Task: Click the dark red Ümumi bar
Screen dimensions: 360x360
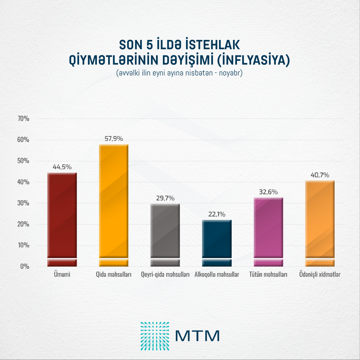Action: (62, 216)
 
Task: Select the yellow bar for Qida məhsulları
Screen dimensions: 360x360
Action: (114, 204)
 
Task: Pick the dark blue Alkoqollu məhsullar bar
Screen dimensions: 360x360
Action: (217, 240)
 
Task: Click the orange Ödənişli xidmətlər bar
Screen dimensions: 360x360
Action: (320, 222)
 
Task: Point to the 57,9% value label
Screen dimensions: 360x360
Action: (114, 139)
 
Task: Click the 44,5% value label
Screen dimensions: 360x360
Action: (62, 167)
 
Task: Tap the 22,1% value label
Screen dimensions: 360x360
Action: (217, 214)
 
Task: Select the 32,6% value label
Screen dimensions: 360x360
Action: (268, 192)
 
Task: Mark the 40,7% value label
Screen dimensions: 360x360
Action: (320, 175)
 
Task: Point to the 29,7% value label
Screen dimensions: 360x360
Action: (165, 198)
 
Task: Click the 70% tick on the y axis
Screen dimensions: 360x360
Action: (23, 119)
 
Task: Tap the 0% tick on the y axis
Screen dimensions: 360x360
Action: (25, 266)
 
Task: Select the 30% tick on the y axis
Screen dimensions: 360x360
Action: (23, 203)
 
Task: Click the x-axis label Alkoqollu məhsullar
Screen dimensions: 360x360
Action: (217, 274)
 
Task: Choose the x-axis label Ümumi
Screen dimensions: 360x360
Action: (62, 274)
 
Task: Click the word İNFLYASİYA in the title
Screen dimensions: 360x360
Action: (253, 60)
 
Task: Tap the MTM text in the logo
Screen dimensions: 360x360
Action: (197, 336)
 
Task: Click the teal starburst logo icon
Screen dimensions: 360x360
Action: (155, 336)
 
